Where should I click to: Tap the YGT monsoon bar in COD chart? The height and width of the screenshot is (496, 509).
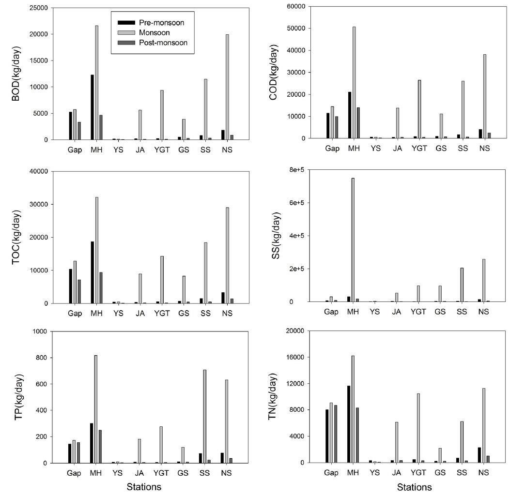tap(419, 109)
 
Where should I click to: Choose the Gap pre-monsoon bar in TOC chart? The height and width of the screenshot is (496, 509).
tap(71, 286)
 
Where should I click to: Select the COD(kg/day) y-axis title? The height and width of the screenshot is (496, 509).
tap(278, 73)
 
